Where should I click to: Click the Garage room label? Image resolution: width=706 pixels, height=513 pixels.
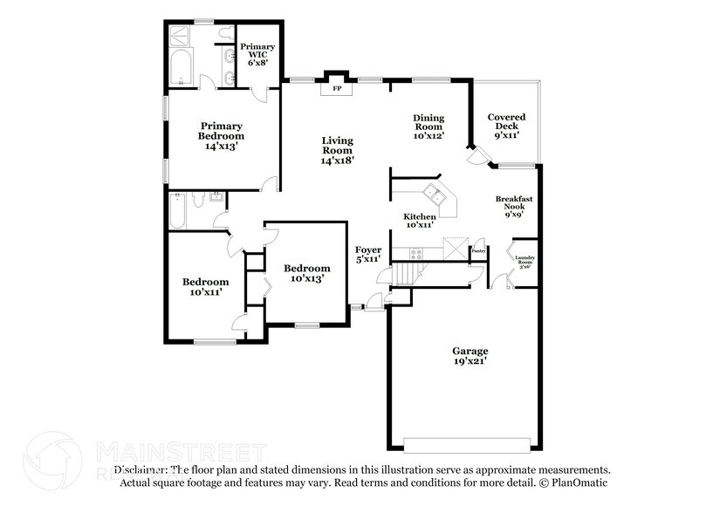470,356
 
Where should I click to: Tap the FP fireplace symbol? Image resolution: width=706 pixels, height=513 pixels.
336,88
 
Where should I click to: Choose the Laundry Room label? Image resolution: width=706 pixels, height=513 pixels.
524,260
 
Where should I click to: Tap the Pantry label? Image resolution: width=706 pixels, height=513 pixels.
477,251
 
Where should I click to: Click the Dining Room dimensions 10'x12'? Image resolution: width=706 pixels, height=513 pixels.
428,135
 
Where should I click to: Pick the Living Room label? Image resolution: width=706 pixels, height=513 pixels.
337,150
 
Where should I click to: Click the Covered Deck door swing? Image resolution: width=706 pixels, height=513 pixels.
476,157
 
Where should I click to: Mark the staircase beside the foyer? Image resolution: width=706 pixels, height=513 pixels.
402,276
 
